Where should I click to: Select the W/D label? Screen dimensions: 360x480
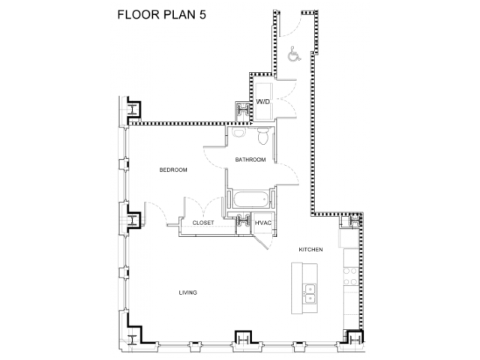click(x=263, y=101)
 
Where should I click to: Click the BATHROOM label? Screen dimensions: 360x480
click(x=250, y=159)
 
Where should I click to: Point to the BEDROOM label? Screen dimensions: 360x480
click(x=173, y=170)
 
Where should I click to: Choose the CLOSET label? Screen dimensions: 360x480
click(x=203, y=223)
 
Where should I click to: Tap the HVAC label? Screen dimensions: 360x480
click(x=263, y=223)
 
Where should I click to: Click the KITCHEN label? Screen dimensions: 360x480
click(x=310, y=249)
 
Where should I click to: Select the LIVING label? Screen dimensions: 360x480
click(x=187, y=292)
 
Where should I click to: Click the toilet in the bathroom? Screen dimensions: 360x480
click(x=262, y=137)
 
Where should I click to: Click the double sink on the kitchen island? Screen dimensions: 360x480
click(x=310, y=292)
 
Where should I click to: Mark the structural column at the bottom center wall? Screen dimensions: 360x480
click(x=241, y=340)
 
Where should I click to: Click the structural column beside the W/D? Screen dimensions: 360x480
click(x=244, y=109)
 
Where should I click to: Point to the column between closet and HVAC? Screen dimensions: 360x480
click(x=244, y=222)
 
